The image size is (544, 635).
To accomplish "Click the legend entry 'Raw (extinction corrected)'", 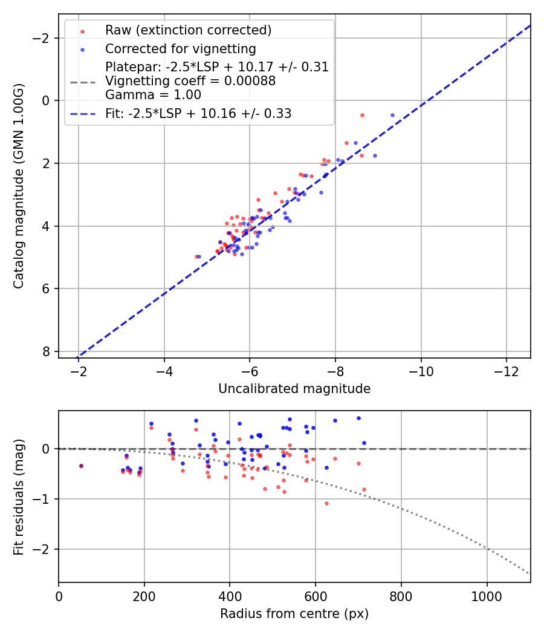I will pyautogui.click(x=188, y=30).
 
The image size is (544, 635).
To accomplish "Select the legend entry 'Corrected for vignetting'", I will pyautogui.click(x=180, y=49).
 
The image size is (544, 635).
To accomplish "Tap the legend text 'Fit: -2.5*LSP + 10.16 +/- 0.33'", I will pyautogui.click(x=198, y=114).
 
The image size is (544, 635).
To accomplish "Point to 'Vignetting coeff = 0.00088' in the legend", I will pyautogui.click(x=190, y=81).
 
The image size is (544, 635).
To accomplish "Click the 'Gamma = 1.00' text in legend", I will pyautogui.click(x=153, y=95).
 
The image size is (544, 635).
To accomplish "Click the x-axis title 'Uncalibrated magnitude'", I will pyautogui.click(x=294, y=389).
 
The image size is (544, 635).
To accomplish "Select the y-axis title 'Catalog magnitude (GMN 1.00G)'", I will pyautogui.click(x=19, y=185).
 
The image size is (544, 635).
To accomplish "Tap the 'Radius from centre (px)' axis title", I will pyautogui.click(x=294, y=614).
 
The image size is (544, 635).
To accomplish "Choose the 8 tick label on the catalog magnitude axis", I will pyautogui.click(x=47, y=351).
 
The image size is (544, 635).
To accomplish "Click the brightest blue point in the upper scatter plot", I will pyautogui.click(x=392, y=115).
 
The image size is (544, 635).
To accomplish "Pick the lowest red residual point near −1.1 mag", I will pyautogui.click(x=326, y=503).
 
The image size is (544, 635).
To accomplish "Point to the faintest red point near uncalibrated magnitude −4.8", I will pyautogui.click(x=196, y=256).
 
